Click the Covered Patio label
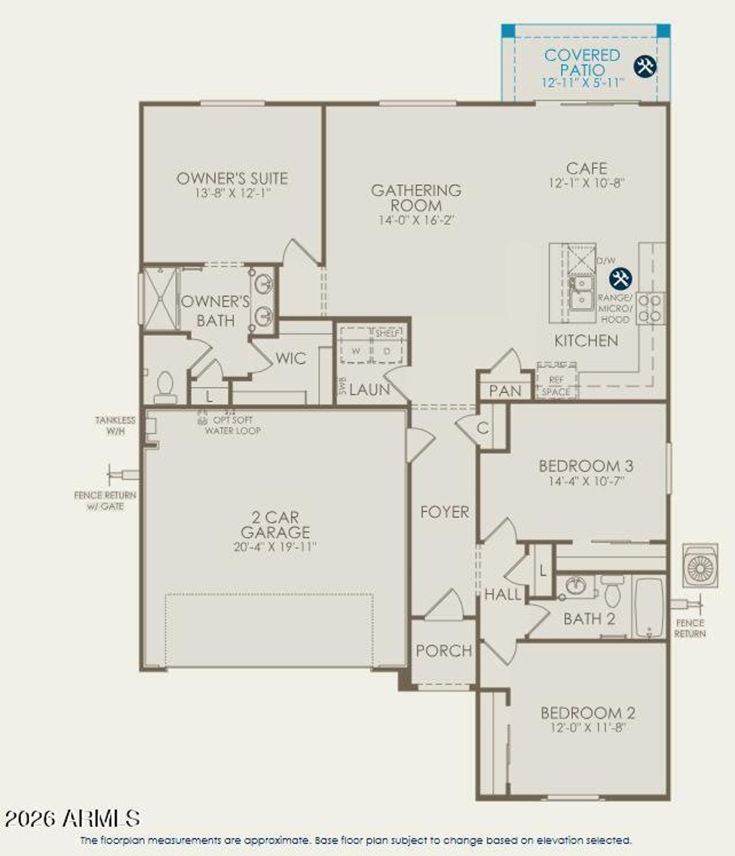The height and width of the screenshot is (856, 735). (x=582, y=63)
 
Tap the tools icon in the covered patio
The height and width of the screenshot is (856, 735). (x=645, y=66)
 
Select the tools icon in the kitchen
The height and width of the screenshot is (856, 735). (x=620, y=279)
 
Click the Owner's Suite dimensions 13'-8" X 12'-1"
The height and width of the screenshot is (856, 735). (x=232, y=193)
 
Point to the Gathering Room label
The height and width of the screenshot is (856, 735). (x=416, y=197)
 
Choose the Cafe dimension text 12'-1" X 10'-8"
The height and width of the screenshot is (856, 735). (x=586, y=184)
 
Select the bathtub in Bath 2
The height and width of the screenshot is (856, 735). (x=649, y=607)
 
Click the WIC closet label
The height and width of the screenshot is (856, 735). (x=291, y=359)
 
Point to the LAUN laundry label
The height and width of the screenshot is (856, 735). (x=369, y=390)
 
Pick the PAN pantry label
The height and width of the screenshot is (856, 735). (x=505, y=391)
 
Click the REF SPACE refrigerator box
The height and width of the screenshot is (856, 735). (x=556, y=385)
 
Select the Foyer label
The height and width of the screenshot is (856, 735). (x=444, y=512)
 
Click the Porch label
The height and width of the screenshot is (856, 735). (x=444, y=650)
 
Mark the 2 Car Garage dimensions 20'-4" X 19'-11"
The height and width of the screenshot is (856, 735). (x=275, y=547)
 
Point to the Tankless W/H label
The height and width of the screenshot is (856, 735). (x=115, y=425)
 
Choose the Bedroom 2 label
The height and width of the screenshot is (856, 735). (x=587, y=713)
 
